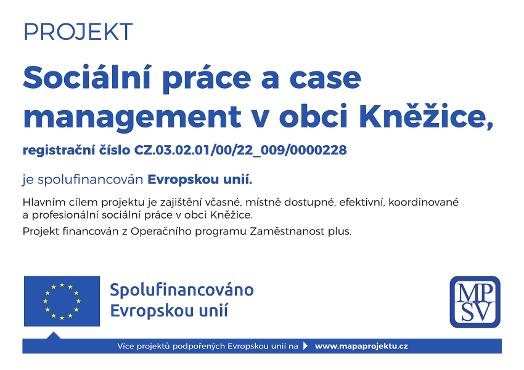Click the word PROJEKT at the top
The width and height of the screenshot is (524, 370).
[78, 32]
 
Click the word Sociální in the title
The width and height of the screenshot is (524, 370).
[87, 77]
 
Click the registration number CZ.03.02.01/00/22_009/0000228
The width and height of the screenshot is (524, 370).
[240, 150]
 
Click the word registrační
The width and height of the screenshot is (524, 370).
[59, 150]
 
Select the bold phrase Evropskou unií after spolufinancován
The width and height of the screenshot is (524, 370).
[200, 180]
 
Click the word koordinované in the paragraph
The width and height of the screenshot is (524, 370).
[424, 202]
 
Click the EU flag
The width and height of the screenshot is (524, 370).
[62, 301]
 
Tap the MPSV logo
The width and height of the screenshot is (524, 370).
[475, 302]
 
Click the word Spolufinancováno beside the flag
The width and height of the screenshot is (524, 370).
[182, 289]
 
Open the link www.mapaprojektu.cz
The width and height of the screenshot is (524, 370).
[361, 347]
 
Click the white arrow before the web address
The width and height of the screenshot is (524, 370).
[305, 346]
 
